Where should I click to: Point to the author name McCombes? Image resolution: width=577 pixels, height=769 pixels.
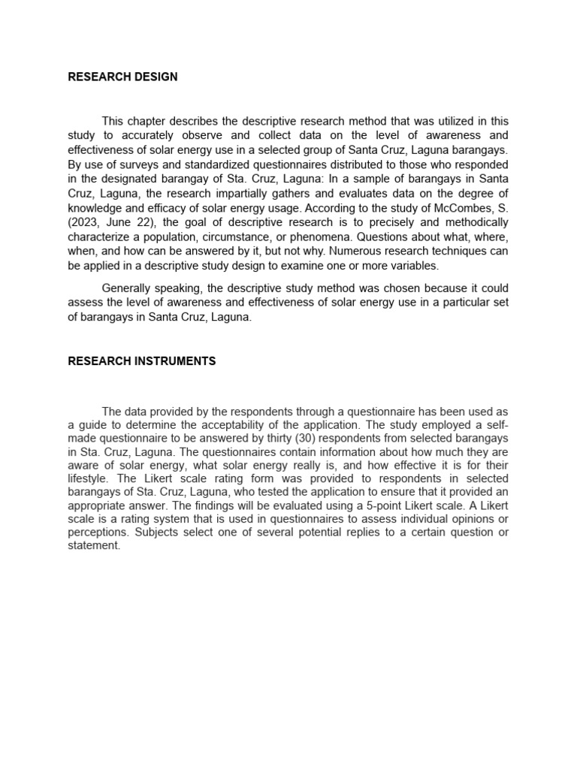pos(461,209)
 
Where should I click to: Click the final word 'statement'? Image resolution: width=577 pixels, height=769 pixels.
pos(93,547)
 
